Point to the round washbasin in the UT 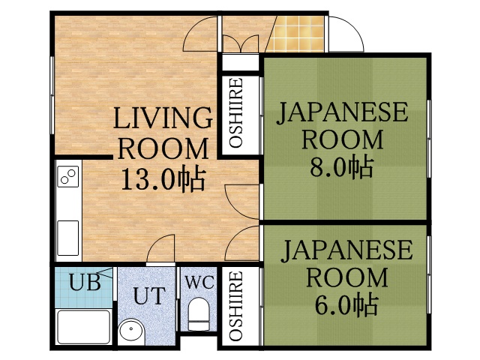[x=133, y=331]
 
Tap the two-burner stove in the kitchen [x=68, y=177]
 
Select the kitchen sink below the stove [x=68, y=238]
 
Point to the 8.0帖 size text [x=343, y=166]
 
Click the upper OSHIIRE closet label [x=235, y=112]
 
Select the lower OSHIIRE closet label [x=235, y=307]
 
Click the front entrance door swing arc [x=343, y=34]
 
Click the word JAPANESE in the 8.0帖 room [x=343, y=113]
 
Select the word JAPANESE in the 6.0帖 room [x=346, y=250]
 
